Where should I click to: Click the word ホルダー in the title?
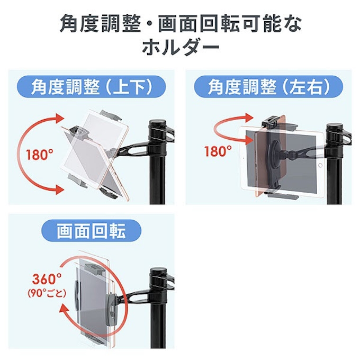click(x=181, y=48)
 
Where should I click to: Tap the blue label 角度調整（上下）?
click(x=92, y=87)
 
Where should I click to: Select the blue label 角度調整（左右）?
click(x=268, y=87)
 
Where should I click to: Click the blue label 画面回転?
click(x=92, y=230)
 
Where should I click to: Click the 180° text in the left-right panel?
click(x=218, y=151)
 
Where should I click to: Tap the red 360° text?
click(x=47, y=278)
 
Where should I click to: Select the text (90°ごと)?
click(x=47, y=293)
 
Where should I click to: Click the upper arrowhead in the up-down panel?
click(x=60, y=118)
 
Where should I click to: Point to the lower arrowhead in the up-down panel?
click(x=60, y=190)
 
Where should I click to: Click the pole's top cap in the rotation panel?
click(x=159, y=274)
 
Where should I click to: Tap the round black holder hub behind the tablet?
click(x=274, y=152)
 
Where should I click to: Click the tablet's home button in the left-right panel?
click(x=320, y=165)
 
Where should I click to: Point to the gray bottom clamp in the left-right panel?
click(x=283, y=195)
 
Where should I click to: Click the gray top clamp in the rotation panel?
click(x=95, y=268)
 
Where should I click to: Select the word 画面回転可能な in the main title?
click(x=230, y=24)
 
